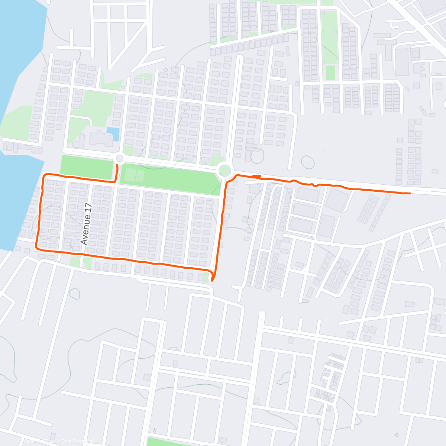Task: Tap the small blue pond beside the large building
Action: click(113, 134)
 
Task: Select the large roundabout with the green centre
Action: click(224, 171)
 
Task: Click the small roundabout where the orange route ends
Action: click(119, 159)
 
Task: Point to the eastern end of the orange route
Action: click(410, 193)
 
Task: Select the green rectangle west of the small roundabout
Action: click(87, 166)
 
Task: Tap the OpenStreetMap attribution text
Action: click(78, 441)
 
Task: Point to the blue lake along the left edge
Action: click(15, 74)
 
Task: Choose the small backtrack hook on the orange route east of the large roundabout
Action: click(256, 176)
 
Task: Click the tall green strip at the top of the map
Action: click(329, 37)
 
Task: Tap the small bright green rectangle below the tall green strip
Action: click(330, 72)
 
